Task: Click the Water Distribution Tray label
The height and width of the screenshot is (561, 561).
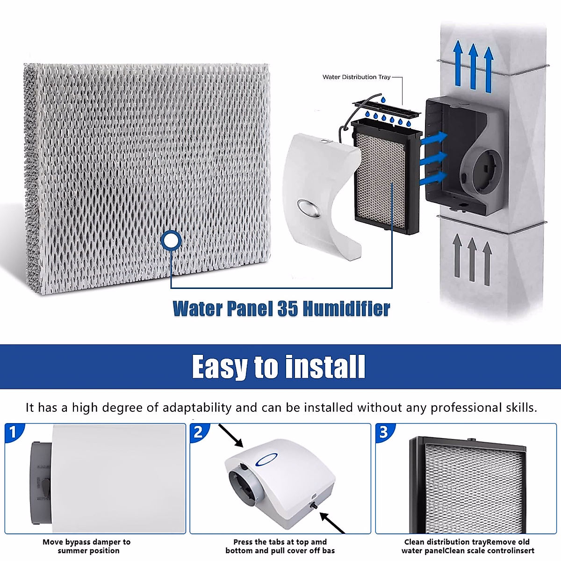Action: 356,77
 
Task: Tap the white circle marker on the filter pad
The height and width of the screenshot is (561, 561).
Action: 171,240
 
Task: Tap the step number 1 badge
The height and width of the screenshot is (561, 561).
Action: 13,432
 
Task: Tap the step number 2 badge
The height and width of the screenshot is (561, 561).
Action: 198,432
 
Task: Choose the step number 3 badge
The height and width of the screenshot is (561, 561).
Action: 384,432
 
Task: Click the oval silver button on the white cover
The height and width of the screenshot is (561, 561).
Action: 307,208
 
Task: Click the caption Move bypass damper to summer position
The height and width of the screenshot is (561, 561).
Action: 87,546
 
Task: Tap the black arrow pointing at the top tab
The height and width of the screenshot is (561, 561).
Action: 231,436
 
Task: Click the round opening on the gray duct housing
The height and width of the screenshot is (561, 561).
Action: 481,168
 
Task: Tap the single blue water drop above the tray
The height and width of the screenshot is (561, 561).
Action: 383,100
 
